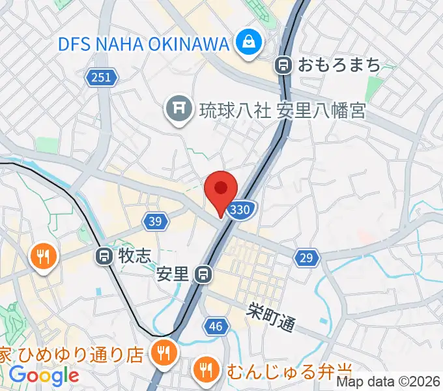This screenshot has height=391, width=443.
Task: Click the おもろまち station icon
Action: [283, 65]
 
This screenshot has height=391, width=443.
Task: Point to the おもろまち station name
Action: [339, 65]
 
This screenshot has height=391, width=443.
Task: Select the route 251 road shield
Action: [101, 78]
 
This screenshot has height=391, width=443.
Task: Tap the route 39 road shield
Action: [154, 222]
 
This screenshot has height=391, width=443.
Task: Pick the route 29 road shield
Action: [306, 258]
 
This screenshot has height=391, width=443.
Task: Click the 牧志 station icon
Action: [104, 256]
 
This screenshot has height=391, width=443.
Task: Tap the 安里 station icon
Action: [204, 274]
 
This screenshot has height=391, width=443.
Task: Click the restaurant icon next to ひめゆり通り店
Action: [161, 353]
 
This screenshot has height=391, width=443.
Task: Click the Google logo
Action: [44, 375]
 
